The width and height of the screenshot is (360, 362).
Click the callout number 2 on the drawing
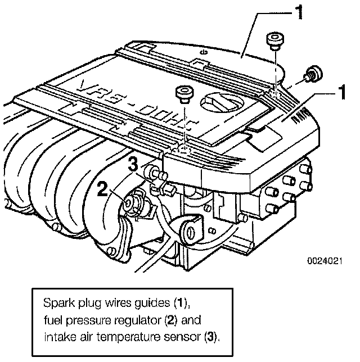click(x=102, y=189)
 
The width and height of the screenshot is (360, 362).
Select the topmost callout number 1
click(x=302, y=12)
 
